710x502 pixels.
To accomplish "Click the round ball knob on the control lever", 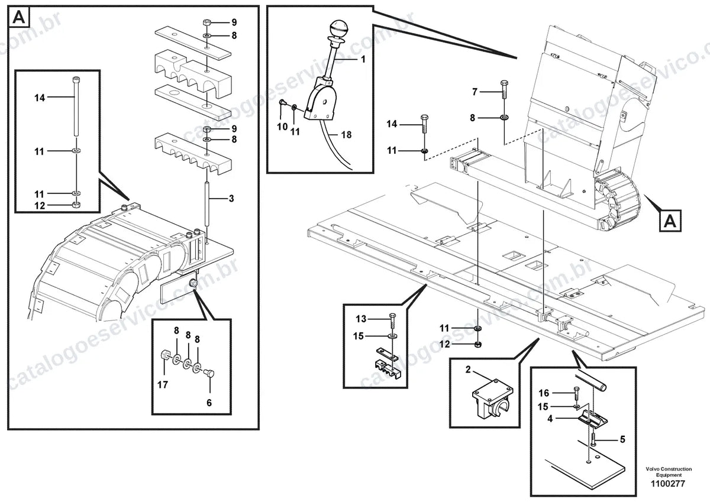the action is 338,28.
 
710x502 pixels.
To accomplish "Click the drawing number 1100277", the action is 667,484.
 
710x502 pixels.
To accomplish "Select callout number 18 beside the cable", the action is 346,135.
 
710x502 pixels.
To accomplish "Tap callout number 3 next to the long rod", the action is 231,199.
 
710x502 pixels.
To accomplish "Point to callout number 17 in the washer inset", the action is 163,385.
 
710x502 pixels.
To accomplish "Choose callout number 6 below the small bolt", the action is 209,403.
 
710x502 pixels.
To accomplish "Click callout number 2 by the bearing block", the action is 468,370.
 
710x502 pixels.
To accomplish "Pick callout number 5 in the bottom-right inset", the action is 622,439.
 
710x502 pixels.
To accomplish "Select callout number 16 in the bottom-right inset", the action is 544,393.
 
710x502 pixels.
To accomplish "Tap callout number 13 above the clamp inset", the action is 361,319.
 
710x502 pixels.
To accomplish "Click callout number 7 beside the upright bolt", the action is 475,92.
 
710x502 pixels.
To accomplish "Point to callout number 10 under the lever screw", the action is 282,127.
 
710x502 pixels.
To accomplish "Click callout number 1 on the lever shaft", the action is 363,59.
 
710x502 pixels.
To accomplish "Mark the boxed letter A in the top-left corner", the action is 19,17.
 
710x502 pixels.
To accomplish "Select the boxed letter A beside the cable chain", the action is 670,221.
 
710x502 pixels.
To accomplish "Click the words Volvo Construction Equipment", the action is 669,472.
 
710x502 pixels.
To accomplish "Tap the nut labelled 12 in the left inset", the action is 76,205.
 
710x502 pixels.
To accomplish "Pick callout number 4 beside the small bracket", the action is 550,419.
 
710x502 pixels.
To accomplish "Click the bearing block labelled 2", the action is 492,401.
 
